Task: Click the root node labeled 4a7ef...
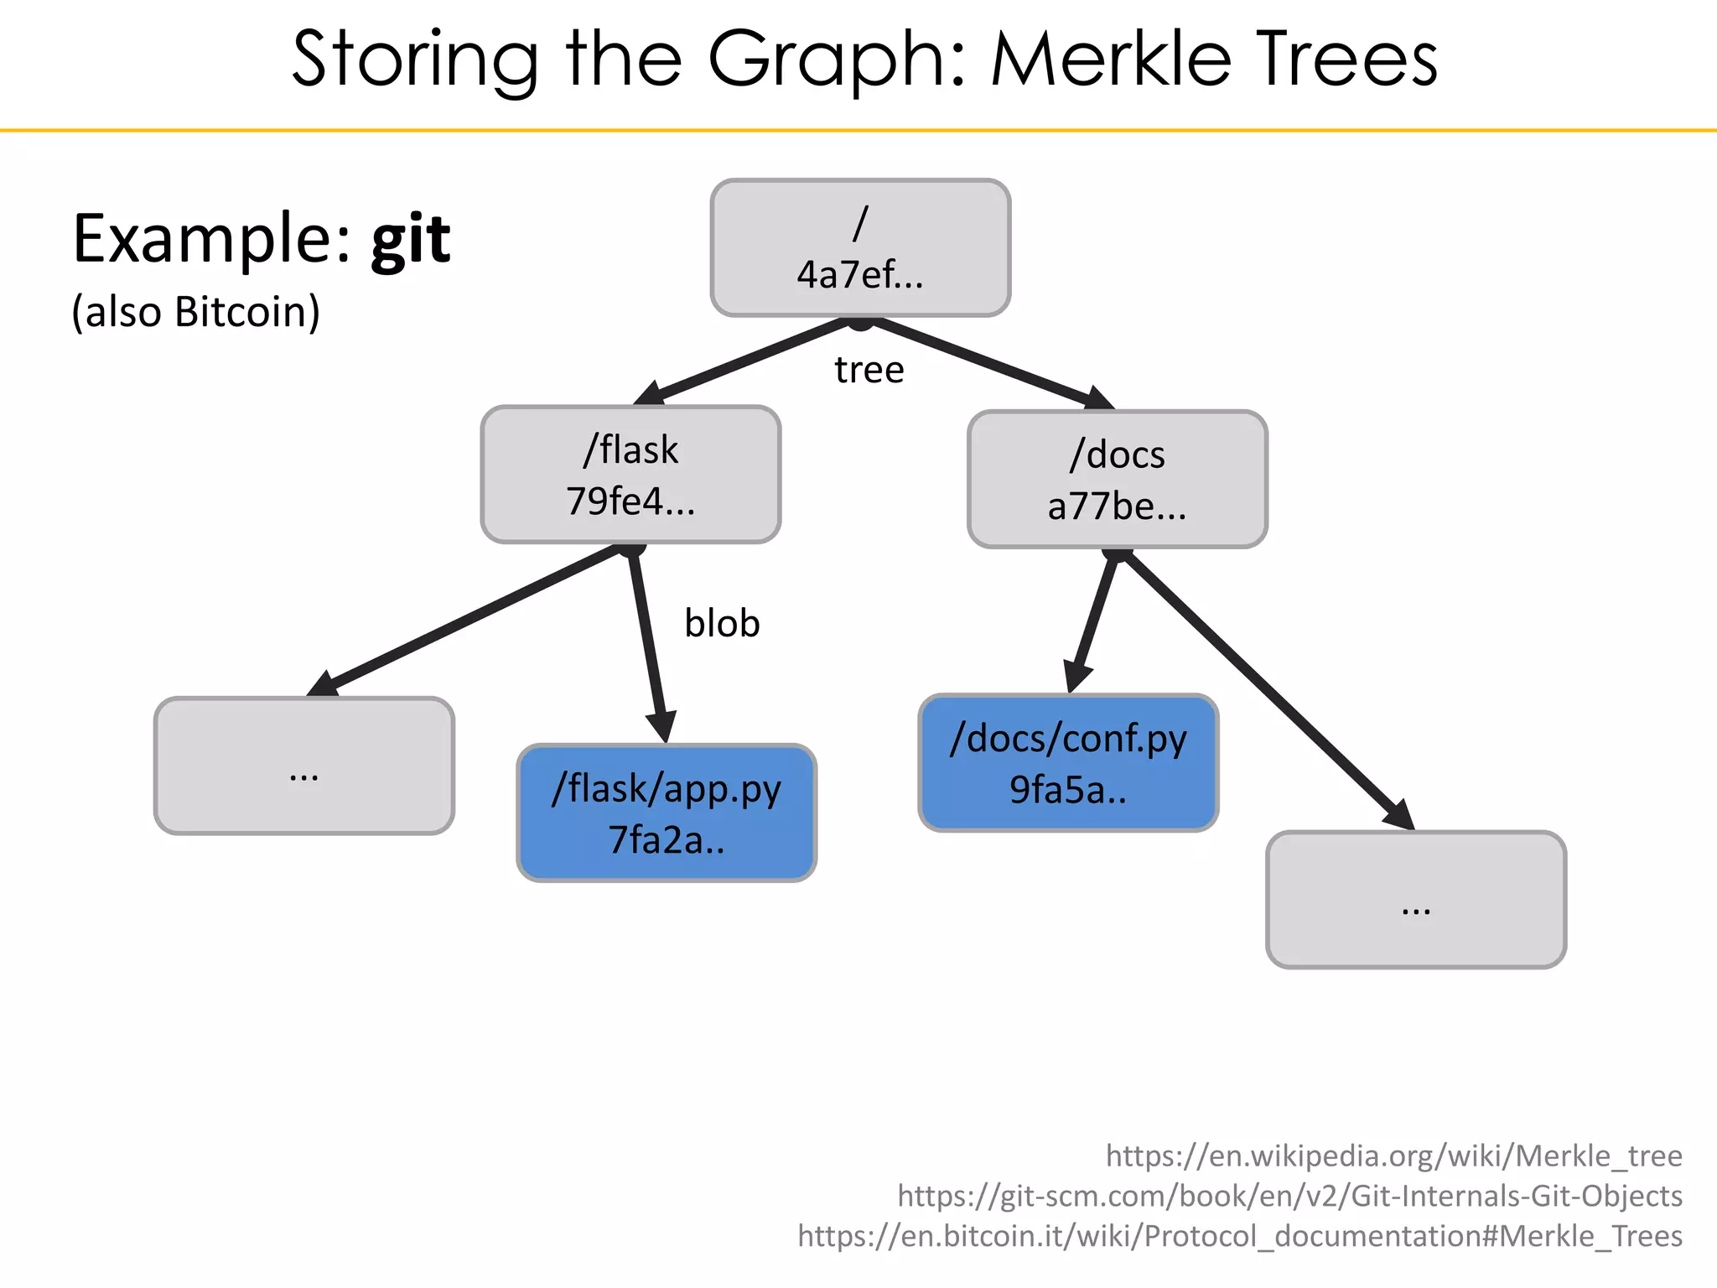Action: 860,248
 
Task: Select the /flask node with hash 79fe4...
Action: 630,475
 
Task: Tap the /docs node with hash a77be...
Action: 1117,480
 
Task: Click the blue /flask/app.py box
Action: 667,813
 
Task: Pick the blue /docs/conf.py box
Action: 1068,762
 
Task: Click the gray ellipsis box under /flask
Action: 304,766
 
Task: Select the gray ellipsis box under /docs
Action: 1416,900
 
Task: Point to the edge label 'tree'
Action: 869,370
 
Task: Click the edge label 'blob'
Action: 722,623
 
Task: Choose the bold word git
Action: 411,241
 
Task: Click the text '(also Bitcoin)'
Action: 195,312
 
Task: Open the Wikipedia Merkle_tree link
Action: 1393,1156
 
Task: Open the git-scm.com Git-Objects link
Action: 1289,1196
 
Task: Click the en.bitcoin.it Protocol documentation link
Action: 1239,1236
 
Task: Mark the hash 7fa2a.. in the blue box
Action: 667,840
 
